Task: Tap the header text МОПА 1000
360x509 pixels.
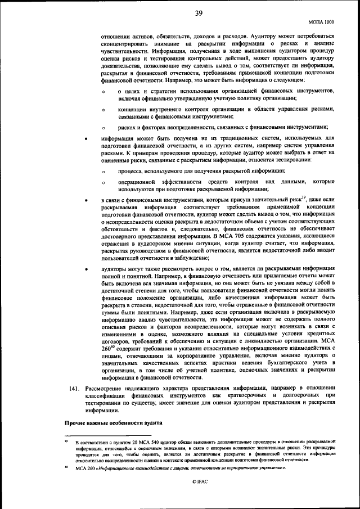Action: coord(322,22)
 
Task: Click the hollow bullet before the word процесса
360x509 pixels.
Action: coord(103,171)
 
